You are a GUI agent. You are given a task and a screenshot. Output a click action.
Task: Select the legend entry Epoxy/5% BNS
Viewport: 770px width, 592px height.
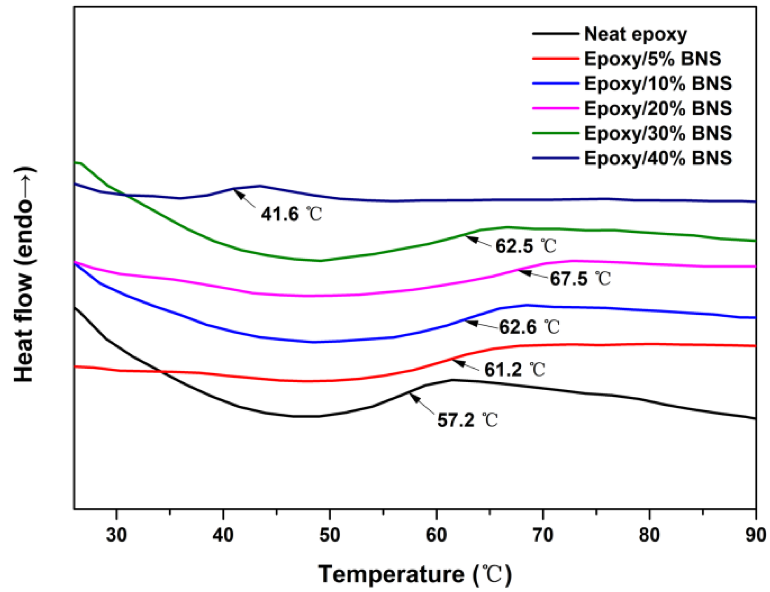(x=652, y=59)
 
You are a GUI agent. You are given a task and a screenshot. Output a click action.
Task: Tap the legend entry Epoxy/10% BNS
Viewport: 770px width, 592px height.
(x=658, y=84)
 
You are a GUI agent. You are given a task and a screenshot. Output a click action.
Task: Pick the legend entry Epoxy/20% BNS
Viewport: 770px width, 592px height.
(x=658, y=108)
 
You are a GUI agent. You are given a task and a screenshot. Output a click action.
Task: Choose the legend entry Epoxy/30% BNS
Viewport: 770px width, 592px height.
(x=658, y=133)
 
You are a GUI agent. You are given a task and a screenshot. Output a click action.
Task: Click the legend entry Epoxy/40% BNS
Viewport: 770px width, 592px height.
(x=658, y=158)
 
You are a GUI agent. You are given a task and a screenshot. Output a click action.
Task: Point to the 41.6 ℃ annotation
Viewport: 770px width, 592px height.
(x=291, y=214)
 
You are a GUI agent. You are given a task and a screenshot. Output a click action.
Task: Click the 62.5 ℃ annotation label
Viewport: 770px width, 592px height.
(x=525, y=246)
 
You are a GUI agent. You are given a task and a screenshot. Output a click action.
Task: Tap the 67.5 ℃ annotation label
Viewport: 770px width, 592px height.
(x=580, y=279)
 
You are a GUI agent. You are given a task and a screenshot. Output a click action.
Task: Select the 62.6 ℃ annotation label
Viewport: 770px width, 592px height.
(x=529, y=327)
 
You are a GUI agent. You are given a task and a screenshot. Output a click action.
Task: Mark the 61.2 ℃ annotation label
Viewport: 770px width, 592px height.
(x=514, y=370)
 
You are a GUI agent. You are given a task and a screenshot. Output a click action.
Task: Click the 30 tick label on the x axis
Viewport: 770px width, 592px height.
(x=117, y=535)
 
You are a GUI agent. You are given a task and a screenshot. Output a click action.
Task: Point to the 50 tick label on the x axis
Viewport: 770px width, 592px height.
(x=329, y=535)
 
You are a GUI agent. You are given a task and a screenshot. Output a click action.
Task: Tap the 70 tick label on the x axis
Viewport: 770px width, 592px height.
(x=543, y=535)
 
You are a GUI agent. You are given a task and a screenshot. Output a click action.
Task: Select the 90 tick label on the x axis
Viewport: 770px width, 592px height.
(x=755, y=535)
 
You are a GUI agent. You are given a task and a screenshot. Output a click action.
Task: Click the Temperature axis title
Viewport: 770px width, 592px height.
(x=415, y=574)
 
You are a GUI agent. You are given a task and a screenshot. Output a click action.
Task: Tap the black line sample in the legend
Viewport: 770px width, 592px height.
(x=555, y=33)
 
